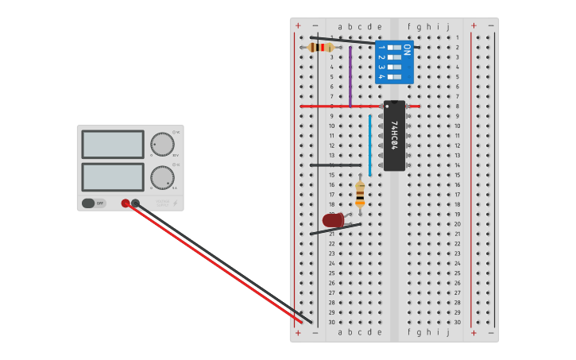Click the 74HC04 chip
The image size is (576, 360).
pos(394,136)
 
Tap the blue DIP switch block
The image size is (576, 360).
pos(394,63)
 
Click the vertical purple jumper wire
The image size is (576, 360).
pos(350,75)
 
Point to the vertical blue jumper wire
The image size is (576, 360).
pos(369,145)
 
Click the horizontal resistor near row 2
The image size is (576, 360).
pos(321,48)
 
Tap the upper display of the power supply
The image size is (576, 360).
pos(113,145)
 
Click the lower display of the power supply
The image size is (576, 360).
pos(113,176)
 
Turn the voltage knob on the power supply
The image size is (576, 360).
pos(162,144)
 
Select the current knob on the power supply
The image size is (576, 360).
pos(162,177)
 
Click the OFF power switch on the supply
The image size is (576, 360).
pos(93,203)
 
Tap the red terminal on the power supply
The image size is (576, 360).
pos(126,203)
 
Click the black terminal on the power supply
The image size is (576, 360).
pos(135,203)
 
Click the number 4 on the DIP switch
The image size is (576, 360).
pos(381,76)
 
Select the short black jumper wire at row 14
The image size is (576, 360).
pos(335,165)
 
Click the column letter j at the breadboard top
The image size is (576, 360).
pos(447,26)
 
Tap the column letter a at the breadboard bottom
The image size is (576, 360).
pos(340,332)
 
